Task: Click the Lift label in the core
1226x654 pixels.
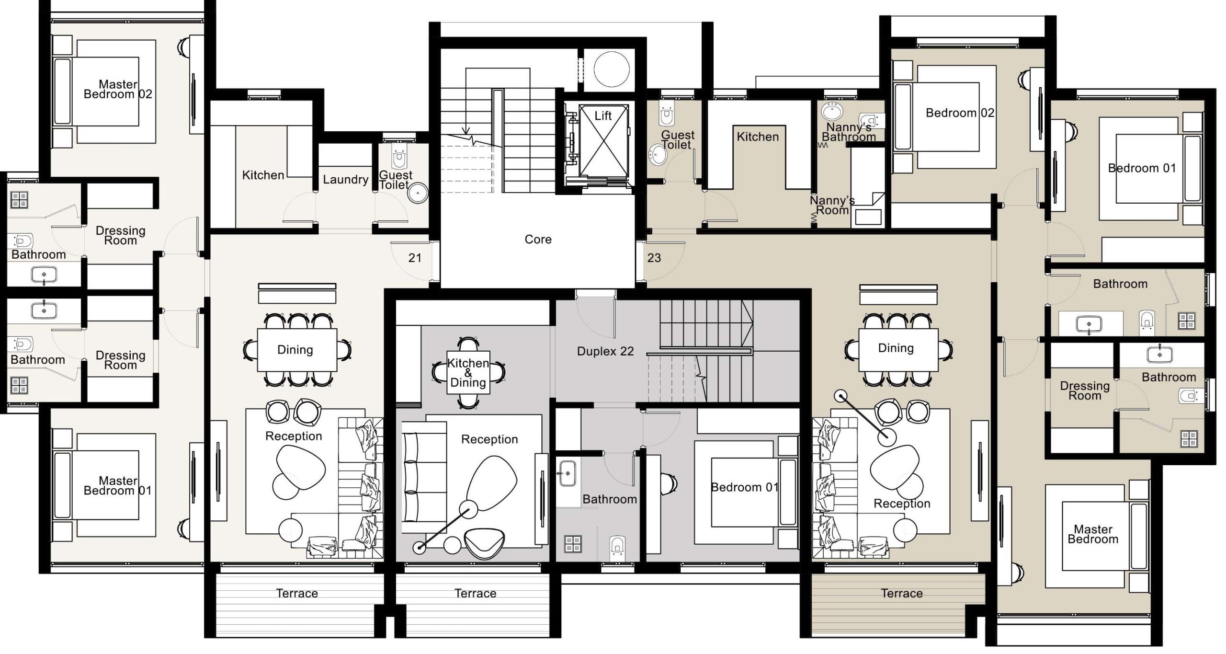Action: [x=603, y=115]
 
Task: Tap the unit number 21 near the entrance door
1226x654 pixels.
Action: [x=415, y=258]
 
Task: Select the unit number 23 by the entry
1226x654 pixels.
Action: [x=654, y=258]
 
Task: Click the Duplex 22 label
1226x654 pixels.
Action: [x=605, y=351]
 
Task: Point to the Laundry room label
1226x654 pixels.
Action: [x=345, y=180]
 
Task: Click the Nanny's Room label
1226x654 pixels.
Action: [x=832, y=206]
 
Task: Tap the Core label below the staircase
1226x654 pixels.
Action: [x=538, y=239]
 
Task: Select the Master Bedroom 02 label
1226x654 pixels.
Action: [x=118, y=90]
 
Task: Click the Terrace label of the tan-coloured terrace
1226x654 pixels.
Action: [x=901, y=593]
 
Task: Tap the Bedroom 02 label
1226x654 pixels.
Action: [x=960, y=113]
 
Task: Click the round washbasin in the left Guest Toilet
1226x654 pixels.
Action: [x=418, y=193]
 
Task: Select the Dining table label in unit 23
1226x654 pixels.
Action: [x=896, y=348]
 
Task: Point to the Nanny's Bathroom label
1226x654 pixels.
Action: [x=849, y=132]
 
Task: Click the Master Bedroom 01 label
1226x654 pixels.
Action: [x=118, y=486]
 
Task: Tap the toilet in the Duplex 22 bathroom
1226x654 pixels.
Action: [x=617, y=546]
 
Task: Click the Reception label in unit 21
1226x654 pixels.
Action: [x=294, y=436]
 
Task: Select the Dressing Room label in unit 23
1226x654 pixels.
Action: [x=1085, y=391]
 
